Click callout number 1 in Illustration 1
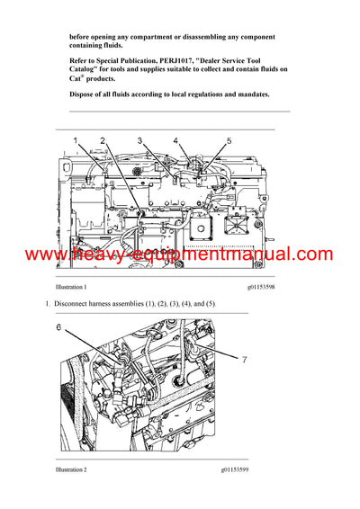click(x=76, y=140)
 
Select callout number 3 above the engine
click(x=140, y=140)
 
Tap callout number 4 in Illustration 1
click(x=175, y=140)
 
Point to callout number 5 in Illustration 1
click(x=229, y=141)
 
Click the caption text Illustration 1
click(x=70, y=286)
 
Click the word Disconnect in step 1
click(x=76, y=305)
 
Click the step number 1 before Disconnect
click(x=47, y=305)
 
